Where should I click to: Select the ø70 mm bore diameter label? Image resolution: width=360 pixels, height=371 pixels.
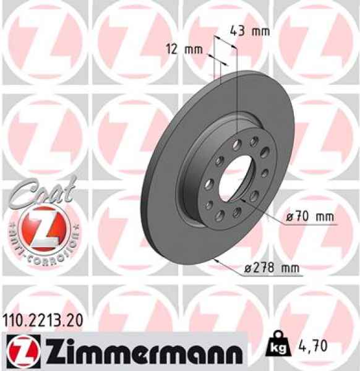pos(309,217)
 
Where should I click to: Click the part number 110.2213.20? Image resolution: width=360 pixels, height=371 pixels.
pos(42,320)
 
